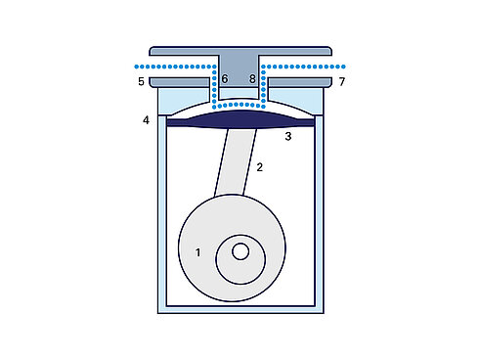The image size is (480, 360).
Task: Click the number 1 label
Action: [x=198, y=252]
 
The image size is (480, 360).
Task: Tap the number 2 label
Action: [x=260, y=167]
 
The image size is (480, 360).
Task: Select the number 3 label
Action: [x=287, y=137]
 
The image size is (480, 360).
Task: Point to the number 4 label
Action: [x=146, y=120]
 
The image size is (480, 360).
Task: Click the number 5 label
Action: [x=142, y=80]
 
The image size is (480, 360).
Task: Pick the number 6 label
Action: [x=225, y=79]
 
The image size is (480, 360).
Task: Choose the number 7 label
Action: [x=341, y=80]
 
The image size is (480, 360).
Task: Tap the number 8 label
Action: [x=252, y=79]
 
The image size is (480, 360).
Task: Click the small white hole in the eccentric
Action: [x=240, y=251]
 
